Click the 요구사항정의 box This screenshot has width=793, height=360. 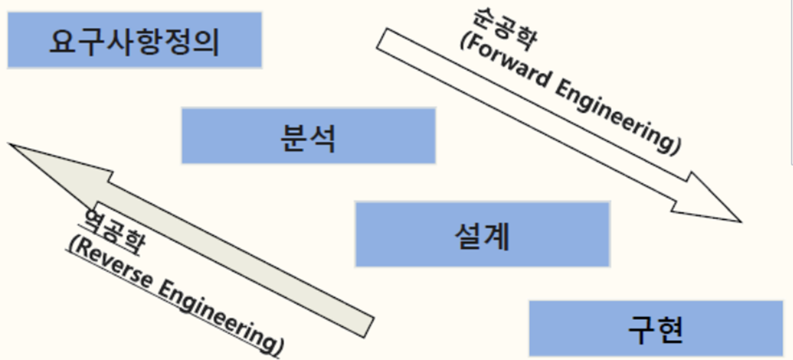click(x=134, y=40)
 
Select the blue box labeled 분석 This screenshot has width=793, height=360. click(x=308, y=136)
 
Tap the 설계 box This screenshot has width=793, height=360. click(x=482, y=234)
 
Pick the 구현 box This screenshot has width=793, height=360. click(x=656, y=329)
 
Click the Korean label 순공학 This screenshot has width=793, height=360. click(x=503, y=28)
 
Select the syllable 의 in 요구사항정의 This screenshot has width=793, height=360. click(x=206, y=42)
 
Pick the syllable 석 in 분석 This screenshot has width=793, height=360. click(x=322, y=137)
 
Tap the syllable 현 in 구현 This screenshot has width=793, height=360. click(x=669, y=330)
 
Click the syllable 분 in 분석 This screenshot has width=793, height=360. click(x=294, y=137)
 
